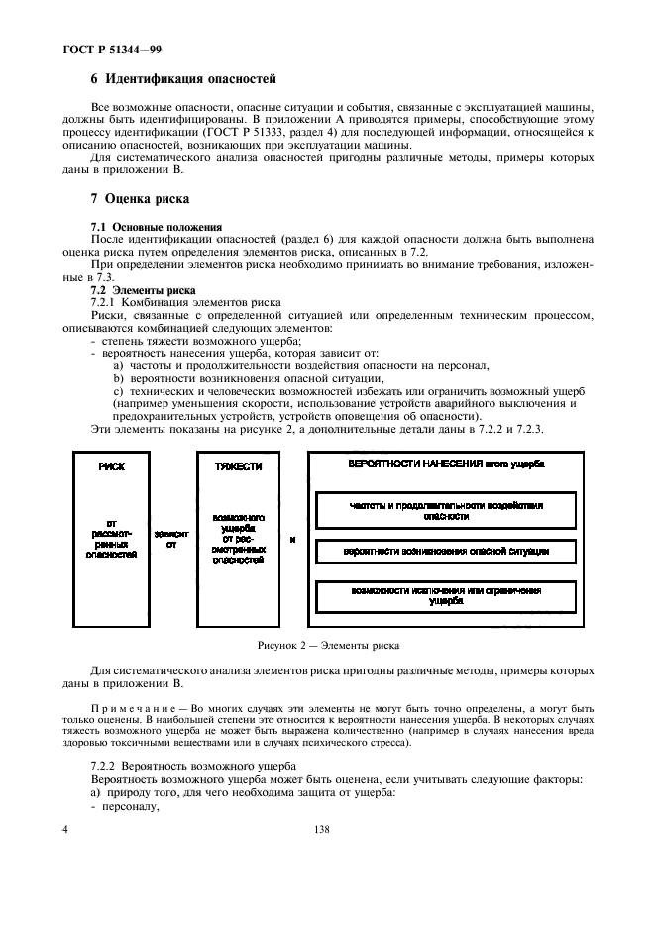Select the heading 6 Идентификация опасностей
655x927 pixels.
click(183, 77)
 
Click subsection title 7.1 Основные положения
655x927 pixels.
click(156, 227)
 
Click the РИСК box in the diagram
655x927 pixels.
click(112, 540)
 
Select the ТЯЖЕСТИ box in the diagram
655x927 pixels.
click(238, 540)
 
